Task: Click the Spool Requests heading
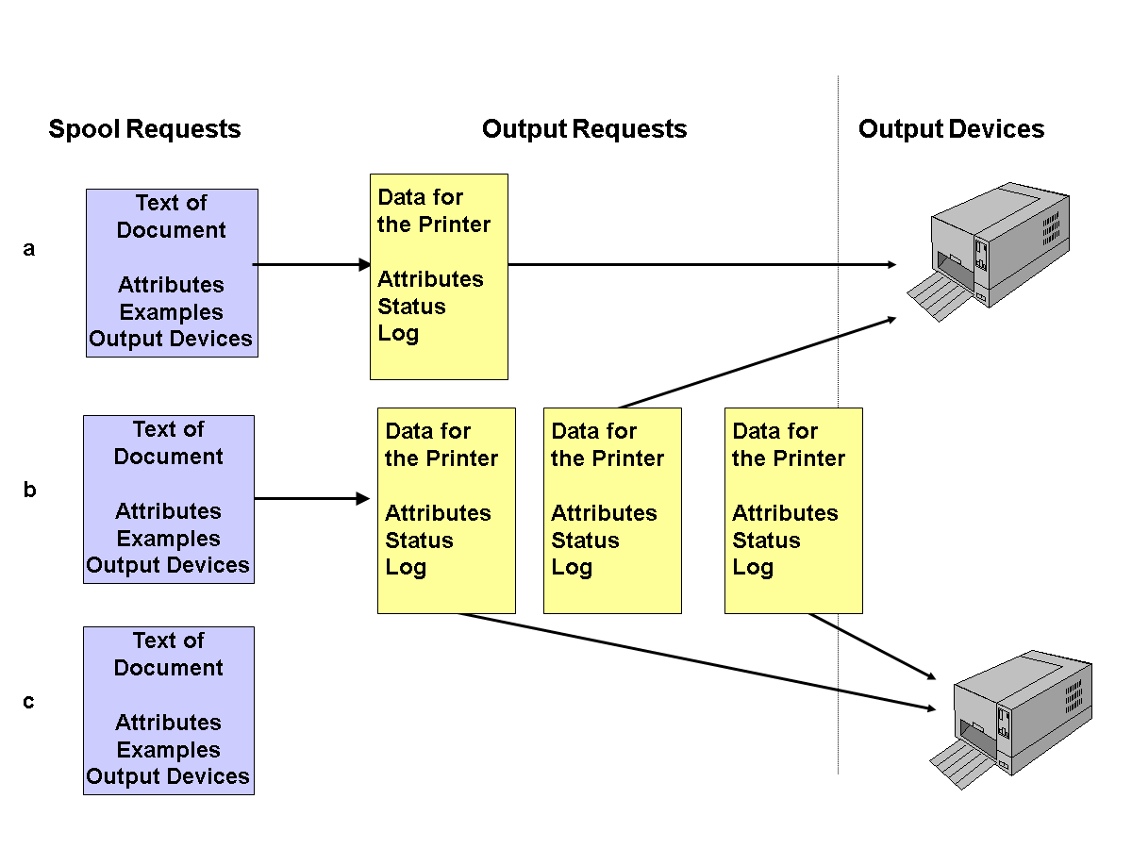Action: (x=144, y=129)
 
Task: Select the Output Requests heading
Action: (x=584, y=129)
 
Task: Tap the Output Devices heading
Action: (x=951, y=129)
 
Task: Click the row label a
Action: (x=29, y=249)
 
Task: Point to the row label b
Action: (x=29, y=491)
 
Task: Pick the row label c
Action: (x=29, y=702)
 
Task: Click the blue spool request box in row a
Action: (x=172, y=273)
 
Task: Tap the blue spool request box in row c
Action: (x=168, y=710)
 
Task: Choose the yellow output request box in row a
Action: (x=439, y=276)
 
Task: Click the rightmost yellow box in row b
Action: (x=793, y=510)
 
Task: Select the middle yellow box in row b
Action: (x=612, y=510)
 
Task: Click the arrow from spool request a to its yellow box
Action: (x=311, y=265)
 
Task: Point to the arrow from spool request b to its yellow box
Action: (x=311, y=498)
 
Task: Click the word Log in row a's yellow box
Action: (x=398, y=334)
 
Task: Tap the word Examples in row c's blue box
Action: (x=168, y=750)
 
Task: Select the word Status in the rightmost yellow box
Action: (x=766, y=541)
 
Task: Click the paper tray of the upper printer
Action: (x=934, y=300)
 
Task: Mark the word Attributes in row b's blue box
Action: (x=168, y=511)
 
